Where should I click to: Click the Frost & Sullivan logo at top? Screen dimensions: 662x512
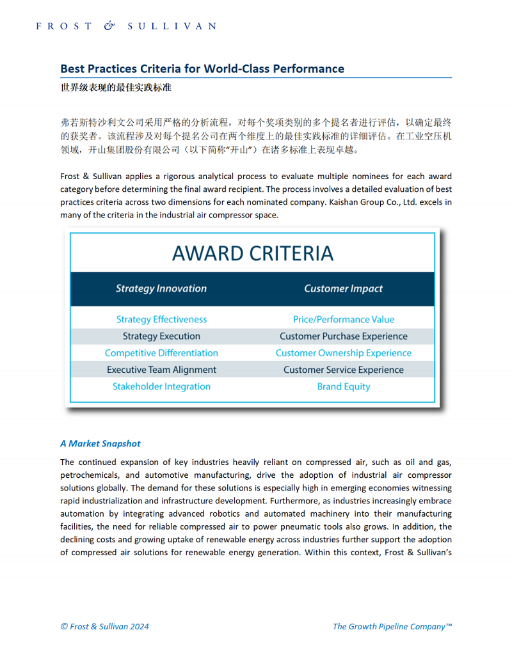coord(126,26)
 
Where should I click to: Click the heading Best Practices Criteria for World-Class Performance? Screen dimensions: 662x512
coord(202,69)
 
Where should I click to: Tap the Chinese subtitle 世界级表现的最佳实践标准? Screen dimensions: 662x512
coord(115,87)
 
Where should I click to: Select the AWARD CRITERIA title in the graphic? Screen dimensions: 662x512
coord(253,253)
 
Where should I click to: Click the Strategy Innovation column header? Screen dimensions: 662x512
coord(161,288)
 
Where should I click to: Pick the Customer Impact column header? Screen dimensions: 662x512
coord(344,288)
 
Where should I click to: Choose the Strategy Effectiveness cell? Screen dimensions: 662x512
coord(161,319)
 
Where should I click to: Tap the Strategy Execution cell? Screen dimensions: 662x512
coord(161,336)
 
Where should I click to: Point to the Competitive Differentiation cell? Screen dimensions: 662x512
coord(161,353)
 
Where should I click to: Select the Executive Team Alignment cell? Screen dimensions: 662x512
coord(161,370)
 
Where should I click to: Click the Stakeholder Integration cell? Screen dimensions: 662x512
coord(161,386)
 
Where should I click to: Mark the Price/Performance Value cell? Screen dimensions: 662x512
coord(344,319)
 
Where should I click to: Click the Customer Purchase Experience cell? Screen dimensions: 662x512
coord(344,336)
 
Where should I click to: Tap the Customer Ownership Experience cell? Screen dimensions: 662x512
coord(344,353)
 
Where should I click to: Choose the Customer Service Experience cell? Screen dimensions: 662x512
coord(344,370)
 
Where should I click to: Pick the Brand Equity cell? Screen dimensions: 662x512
coord(344,386)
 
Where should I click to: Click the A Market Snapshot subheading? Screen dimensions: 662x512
coord(100,443)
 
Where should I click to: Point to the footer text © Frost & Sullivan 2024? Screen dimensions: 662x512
coord(104,626)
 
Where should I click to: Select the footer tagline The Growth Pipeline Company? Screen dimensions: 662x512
coord(392,626)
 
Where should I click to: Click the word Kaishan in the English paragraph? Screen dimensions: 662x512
coord(344,202)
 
